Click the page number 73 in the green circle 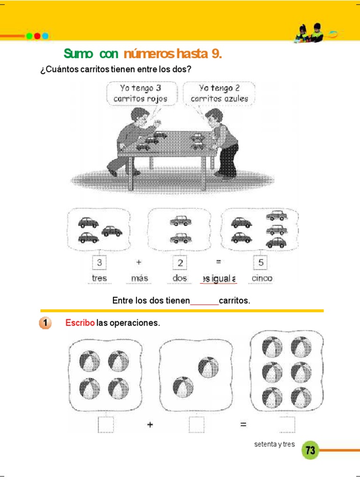[310, 450]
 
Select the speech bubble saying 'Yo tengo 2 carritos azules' [219, 93]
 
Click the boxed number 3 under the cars [99, 262]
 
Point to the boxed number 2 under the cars [180, 262]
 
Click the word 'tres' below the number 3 [99, 278]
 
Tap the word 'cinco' [262, 278]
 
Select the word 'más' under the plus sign [140, 278]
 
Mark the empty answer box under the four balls [105, 424]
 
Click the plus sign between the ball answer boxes [150, 425]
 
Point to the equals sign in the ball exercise [244, 425]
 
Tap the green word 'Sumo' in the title [79, 54]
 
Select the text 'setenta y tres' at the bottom [274, 444]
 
